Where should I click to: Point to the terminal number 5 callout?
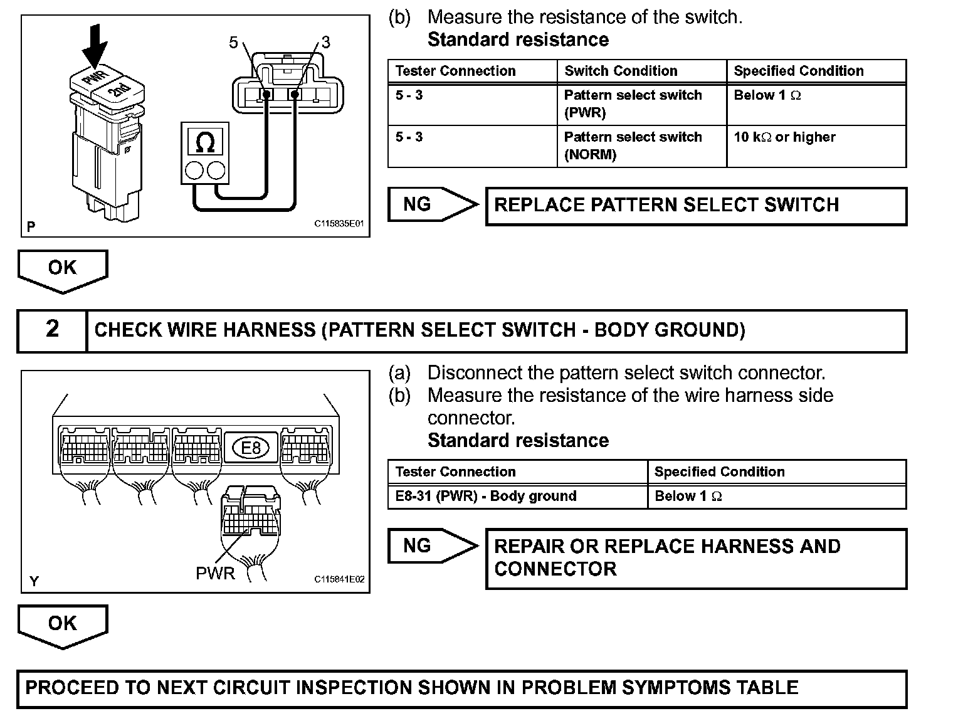coord(234,43)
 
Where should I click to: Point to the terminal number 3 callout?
coord(325,43)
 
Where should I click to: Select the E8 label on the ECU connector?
coord(250,447)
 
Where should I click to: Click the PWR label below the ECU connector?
coord(215,573)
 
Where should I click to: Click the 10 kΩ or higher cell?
coord(784,137)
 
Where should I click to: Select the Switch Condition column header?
coord(621,71)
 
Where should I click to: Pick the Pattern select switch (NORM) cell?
coord(633,145)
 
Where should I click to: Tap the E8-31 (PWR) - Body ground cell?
coord(486,496)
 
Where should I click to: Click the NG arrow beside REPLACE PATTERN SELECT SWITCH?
coord(432,204)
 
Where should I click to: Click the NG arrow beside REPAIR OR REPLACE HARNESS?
coord(432,545)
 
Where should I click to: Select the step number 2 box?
coord(52,329)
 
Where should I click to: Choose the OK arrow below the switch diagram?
coord(63,269)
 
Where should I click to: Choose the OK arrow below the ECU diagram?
coord(63,624)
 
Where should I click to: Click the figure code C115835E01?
coord(339,224)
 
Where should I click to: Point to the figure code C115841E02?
coord(339,580)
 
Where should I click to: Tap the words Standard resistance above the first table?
coord(518,39)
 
